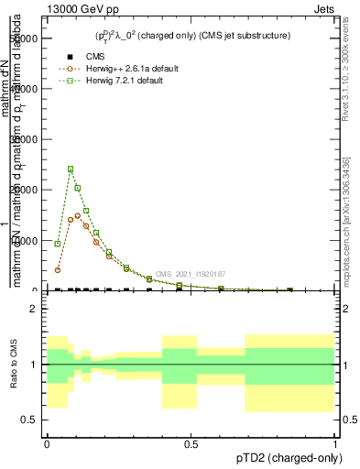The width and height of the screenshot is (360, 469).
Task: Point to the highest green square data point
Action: pos(71,169)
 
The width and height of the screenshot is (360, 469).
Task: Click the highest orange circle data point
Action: pos(78,216)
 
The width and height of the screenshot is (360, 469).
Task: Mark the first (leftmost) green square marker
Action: pos(58,244)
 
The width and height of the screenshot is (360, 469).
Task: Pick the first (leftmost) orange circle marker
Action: pos(58,269)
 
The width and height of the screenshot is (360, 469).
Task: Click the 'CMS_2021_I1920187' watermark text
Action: pos(190,274)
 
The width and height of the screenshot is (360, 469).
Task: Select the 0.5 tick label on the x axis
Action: pos(191,442)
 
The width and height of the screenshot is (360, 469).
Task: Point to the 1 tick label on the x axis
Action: pos(335,442)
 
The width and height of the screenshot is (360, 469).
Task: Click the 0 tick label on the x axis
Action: pos(47,442)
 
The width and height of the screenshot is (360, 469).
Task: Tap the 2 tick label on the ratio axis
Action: pos(34,308)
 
